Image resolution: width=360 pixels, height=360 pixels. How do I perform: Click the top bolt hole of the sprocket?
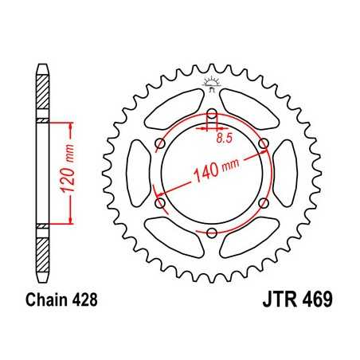[x=212, y=112]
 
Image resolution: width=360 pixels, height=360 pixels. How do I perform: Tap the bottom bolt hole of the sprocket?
[x=212, y=233]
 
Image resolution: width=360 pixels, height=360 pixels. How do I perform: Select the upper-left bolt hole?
[x=160, y=143]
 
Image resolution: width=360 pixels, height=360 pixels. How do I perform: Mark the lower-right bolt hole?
[x=264, y=203]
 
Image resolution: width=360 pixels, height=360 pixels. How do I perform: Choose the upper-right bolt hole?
[x=264, y=143]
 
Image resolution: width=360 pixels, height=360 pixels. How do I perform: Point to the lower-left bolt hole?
[x=160, y=203]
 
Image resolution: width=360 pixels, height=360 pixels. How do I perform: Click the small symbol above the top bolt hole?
[x=212, y=82]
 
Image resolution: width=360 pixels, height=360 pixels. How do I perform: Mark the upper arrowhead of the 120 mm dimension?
[x=72, y=125]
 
